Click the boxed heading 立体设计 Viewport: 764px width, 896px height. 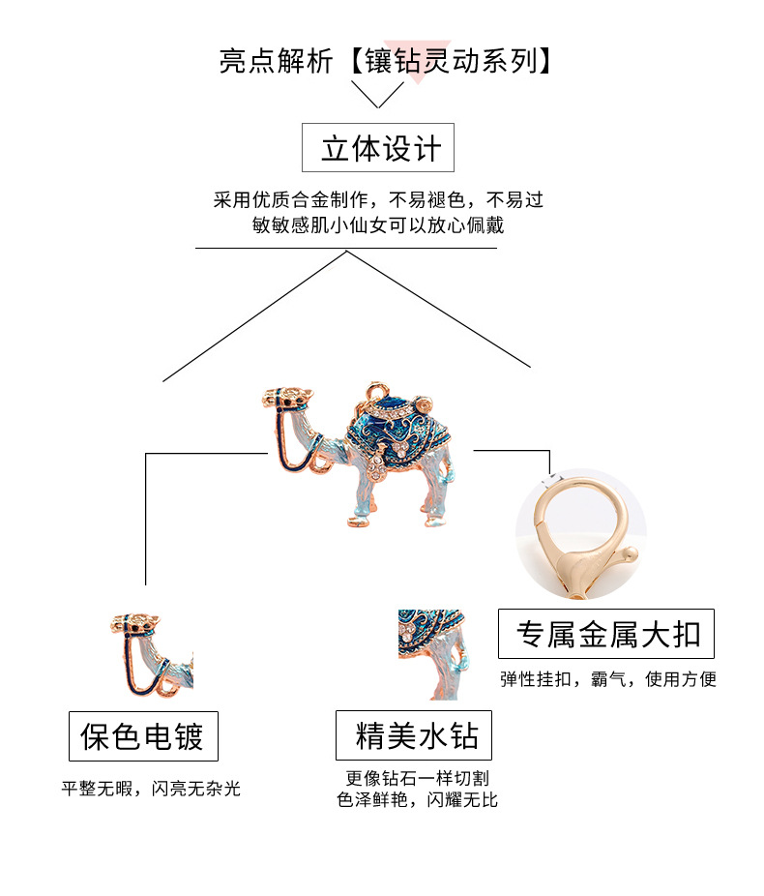pos(378,148)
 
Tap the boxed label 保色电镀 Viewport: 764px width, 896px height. pos(143,737)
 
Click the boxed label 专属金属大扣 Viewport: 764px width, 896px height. pos(606,635)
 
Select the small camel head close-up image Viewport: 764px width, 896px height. pos(151,653)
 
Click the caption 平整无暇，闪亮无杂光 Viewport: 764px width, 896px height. pos(151,789)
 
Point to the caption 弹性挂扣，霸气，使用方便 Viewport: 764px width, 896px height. pos(607,679)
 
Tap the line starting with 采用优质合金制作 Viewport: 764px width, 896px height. pos(378,200)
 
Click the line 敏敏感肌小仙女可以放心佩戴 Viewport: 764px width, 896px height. pos(378,225)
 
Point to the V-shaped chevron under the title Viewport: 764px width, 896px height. pos(377,94)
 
